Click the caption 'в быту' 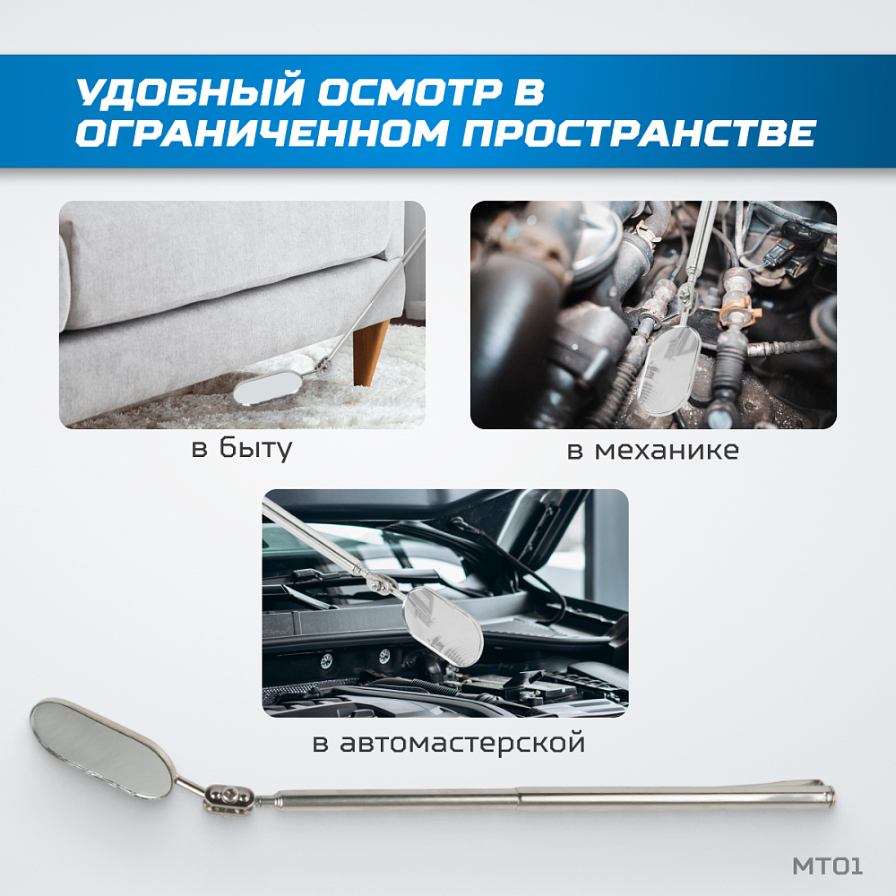242,448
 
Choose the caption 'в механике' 652,450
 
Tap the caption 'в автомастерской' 448,743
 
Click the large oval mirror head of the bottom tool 100,747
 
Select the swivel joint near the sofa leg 320,365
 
